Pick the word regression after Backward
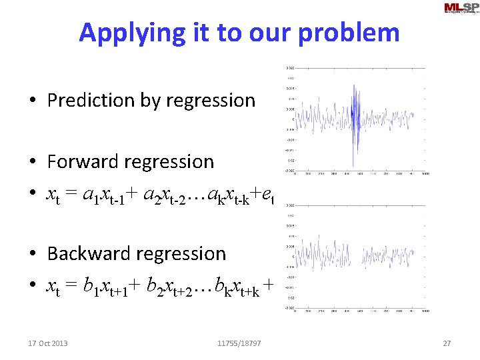pos(187,254)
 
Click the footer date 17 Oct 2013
pos(48,343)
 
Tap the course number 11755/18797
pos(239,343)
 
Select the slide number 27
pos(447,343)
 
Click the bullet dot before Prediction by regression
pos(32,101)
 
